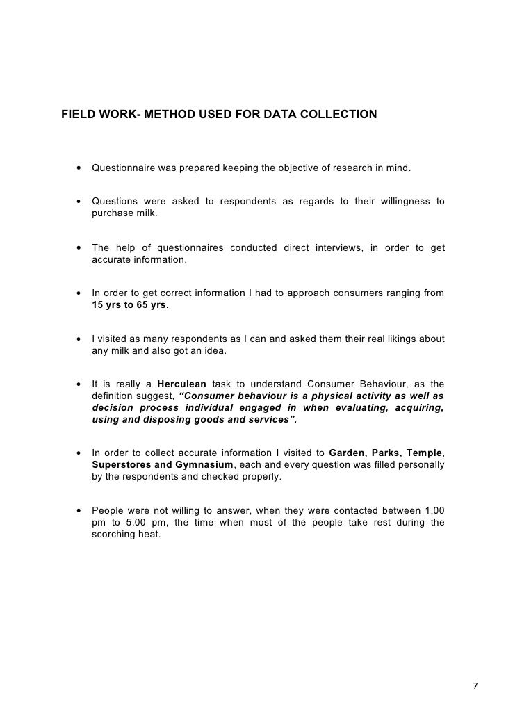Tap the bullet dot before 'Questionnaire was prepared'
point(80,170)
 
